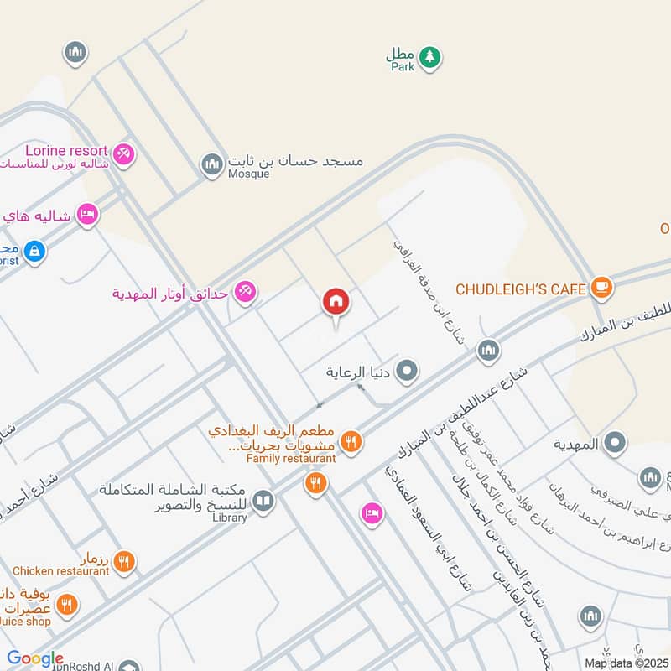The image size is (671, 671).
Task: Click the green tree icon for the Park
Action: tap(430, 57)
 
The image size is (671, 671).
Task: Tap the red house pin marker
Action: tap(336, 302)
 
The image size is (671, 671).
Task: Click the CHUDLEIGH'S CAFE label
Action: tap(520, 289)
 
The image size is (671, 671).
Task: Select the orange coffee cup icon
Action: tap(601, 289)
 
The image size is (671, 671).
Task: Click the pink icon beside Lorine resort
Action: tap(123, 153)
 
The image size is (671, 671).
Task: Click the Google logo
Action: tap(35, 659)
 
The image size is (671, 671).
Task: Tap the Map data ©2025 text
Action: tap(627, 663)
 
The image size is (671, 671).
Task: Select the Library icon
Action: tap(263, 501)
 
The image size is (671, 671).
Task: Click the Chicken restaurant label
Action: tap(60, 571)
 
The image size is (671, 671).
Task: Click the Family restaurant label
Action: tap(290, 459)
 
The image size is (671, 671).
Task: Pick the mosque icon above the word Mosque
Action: tap(212, 164)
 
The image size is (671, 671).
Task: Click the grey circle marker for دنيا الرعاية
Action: tap(407, 370)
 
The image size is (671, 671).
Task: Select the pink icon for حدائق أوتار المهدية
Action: tap(246, 292)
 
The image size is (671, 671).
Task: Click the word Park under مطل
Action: tap(403, 66)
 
